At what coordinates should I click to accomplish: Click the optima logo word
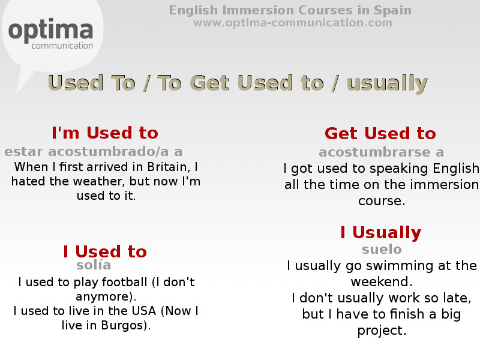tap(51, 30)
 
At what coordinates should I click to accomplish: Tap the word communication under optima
tap(62, 46)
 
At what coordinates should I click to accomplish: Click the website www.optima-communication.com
tap(292, 23)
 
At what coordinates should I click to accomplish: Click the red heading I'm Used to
tap(105, 133)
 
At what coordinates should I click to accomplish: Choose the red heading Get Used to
tap(380, 133)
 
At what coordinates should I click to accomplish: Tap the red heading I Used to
tap(105, 251)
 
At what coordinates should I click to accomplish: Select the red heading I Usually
tap(380, 233)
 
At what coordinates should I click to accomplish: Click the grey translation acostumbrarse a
tap(381, 152)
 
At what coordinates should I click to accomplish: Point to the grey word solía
tap(94, 265)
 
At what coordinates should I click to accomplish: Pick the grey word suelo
tap(382, 250)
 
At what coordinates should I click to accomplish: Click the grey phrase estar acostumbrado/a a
tap(94, 152)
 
